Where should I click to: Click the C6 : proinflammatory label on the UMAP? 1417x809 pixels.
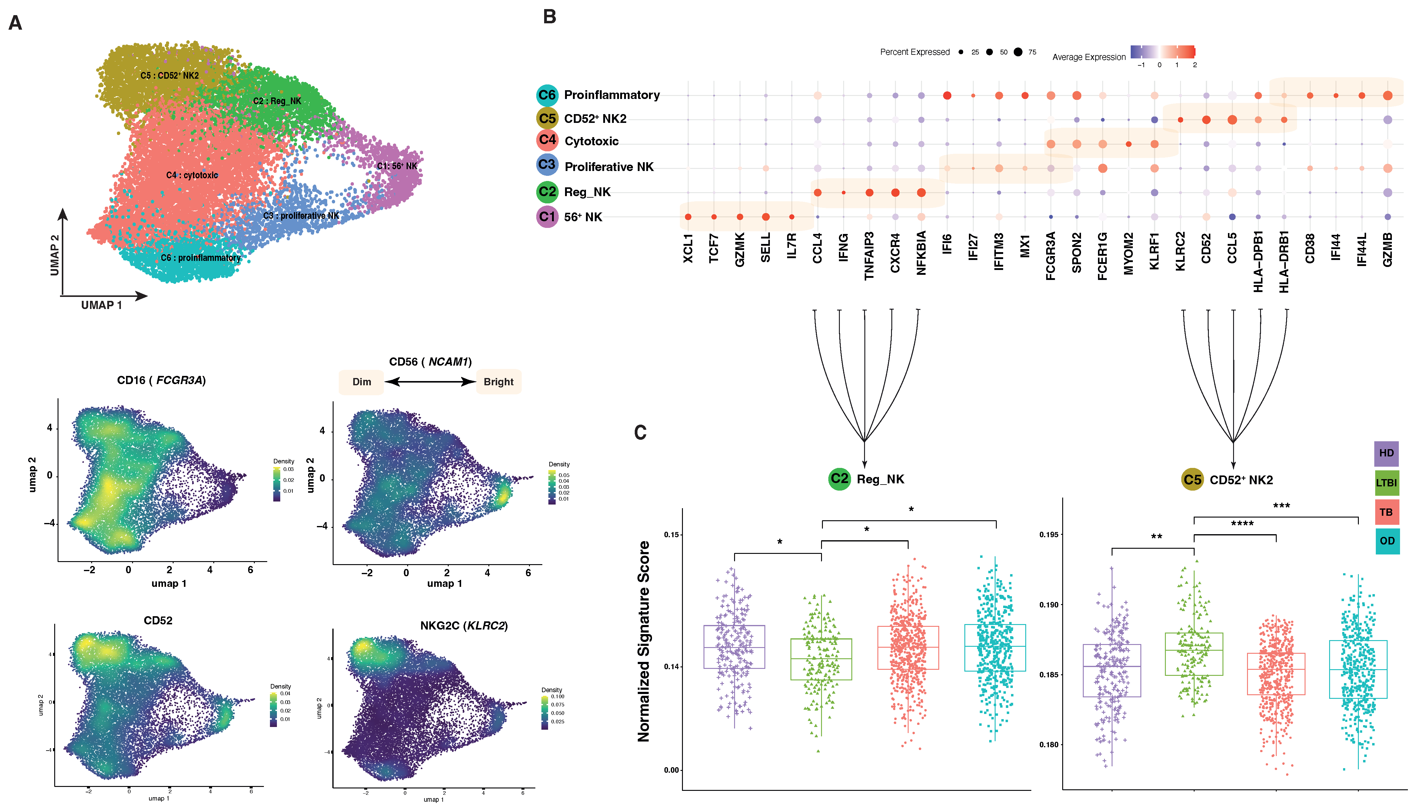coord(200,258)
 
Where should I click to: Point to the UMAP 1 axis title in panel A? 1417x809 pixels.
coord(101,305)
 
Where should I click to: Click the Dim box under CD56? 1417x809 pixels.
coord(361,382)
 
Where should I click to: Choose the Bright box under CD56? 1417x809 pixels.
coord(498,382)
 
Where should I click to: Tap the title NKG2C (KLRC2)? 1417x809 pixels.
coord(464,626)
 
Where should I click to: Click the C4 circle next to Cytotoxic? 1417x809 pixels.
coord(547,140)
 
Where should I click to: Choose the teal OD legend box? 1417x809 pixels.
coord(1386,541)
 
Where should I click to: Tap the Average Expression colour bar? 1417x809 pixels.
coord(1162,52)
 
